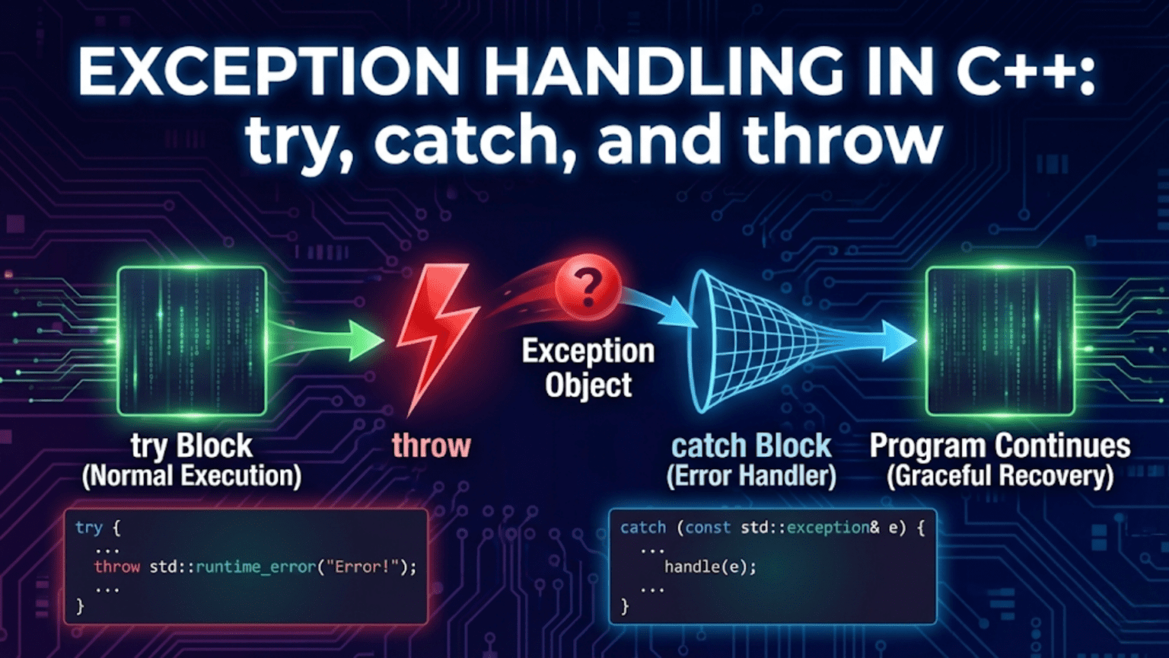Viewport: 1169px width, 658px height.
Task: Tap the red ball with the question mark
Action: tap(587, 287)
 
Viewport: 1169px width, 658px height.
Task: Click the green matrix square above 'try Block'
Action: tap(192, 340)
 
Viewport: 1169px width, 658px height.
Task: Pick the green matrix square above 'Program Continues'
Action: tap(1000, 340)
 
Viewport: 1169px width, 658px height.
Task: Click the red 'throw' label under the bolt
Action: tap(432, 446)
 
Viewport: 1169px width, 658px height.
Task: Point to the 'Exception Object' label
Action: tap(588, 368)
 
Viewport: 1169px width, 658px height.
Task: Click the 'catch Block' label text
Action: tap(751, 446)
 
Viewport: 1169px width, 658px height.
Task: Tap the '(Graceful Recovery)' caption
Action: tap(1000, 477)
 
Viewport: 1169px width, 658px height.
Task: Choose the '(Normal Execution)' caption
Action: tap(192, 477)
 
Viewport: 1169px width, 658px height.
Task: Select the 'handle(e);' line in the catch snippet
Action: tap(710, 567)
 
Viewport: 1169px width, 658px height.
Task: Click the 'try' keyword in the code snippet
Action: tap(88, 527)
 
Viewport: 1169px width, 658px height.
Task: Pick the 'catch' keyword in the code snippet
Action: tap(643, 527)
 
